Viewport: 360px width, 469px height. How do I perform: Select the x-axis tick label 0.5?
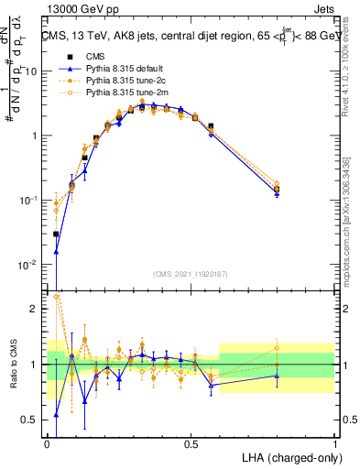(191, 443)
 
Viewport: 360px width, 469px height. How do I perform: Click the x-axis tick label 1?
(334, 443)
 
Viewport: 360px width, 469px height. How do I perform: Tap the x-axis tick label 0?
(47, 443)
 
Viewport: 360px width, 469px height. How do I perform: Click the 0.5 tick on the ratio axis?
(33, 420)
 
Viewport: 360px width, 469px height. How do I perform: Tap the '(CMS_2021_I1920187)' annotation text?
(191, 273)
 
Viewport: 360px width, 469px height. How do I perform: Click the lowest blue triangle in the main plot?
(56, 252)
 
